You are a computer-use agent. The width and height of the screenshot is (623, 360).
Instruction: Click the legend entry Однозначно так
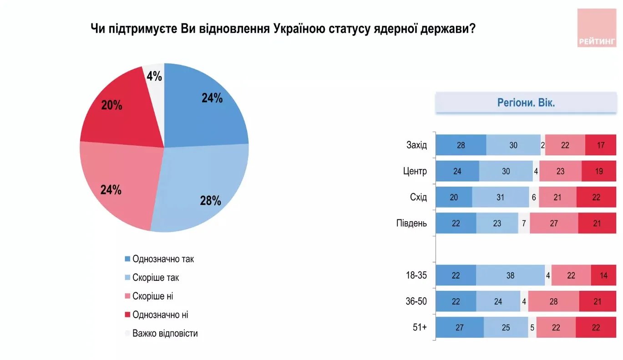163,259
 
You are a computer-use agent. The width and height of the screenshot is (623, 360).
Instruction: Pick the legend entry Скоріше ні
152,296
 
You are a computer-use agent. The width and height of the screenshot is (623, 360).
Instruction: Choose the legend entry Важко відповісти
165,333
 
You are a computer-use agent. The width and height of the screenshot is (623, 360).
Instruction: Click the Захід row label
416,145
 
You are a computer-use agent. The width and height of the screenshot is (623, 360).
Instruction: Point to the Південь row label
412,223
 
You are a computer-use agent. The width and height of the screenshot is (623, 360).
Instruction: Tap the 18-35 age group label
416,275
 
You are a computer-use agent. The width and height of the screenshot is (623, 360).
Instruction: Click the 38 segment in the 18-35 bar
510,275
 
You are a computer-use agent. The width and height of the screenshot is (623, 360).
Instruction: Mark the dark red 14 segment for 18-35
603,275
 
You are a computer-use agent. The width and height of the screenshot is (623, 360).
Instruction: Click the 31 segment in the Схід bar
501,197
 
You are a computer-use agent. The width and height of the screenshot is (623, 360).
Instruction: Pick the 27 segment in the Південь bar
554,223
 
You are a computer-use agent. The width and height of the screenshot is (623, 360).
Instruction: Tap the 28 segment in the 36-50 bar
553,301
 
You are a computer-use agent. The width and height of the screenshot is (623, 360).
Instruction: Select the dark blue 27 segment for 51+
459,327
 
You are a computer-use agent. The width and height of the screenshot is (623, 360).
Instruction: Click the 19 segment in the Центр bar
599,171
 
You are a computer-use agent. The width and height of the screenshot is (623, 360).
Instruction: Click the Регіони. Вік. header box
526,102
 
